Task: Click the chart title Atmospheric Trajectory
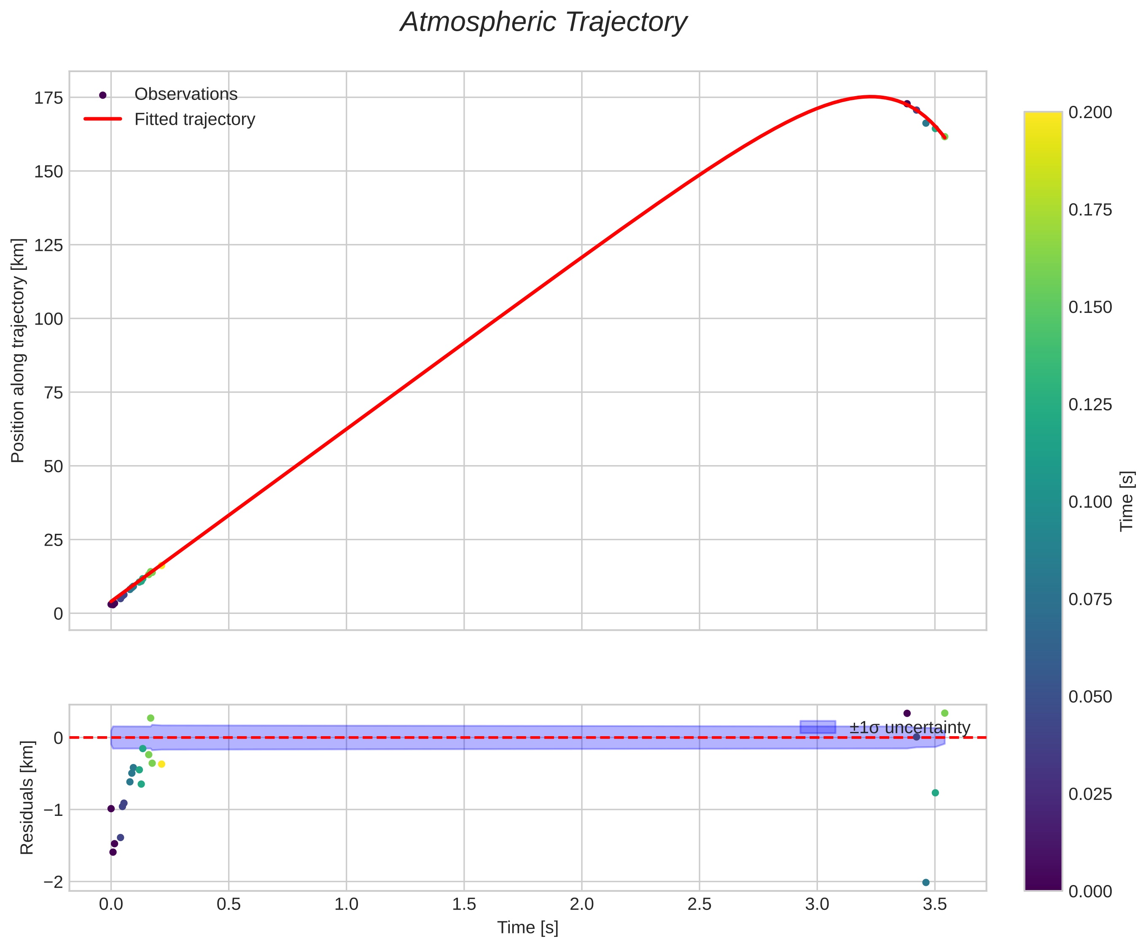coord(543,23)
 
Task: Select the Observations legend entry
coord(186,94)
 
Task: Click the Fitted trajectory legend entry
coord(194,119)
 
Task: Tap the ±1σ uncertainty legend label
coord(909,728)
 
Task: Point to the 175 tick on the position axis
coord(48,98)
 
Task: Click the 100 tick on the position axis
coord(48,319)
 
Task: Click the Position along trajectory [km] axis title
coord(18,350)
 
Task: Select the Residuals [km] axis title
coord(27,798)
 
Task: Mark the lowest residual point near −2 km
coord(925,882)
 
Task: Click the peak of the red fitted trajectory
coord(871,97)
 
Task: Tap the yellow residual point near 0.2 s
coord(161,764)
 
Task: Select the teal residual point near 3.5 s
coord(935,793)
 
